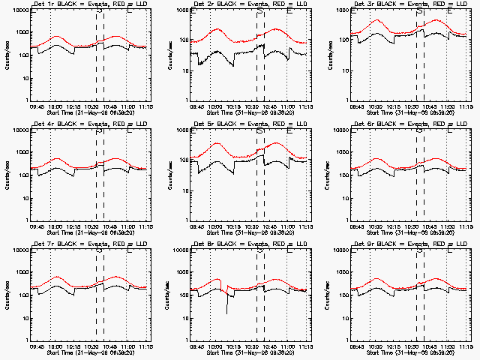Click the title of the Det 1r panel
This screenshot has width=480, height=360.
click(89, 5)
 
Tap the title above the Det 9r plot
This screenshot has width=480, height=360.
click(410, 244)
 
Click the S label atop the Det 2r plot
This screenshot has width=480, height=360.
click(259, 12)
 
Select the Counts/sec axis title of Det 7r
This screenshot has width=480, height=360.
click(7, 293)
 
